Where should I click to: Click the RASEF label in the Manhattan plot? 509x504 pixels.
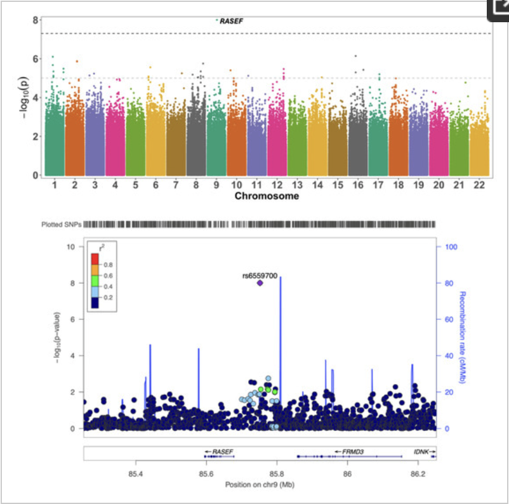click(232, 21)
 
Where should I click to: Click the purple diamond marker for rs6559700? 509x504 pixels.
click(260, 283)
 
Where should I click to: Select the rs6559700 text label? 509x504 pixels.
click(260, 275)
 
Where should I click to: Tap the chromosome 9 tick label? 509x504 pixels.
click(216, 185)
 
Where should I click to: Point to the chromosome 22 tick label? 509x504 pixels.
click(479, 185)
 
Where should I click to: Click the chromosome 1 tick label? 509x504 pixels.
click(55, 185)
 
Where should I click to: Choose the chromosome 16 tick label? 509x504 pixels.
click(358, 185)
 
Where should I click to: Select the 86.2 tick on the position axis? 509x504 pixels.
click(418, 473)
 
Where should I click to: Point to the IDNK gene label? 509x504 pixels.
click(422, 451)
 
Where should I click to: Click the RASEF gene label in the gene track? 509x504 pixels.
click(222, 451)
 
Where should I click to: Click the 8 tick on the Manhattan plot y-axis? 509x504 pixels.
click(34, 20)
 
